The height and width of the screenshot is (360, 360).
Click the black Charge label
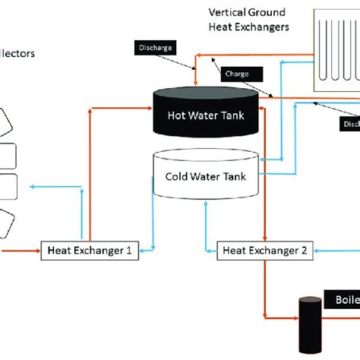click(x=243, y=75)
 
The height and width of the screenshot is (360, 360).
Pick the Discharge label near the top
click(x=156, y=48)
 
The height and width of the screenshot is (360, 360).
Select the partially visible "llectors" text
click(x=17, y=54)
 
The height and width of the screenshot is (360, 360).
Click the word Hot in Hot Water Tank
click(x=177, y=116)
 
